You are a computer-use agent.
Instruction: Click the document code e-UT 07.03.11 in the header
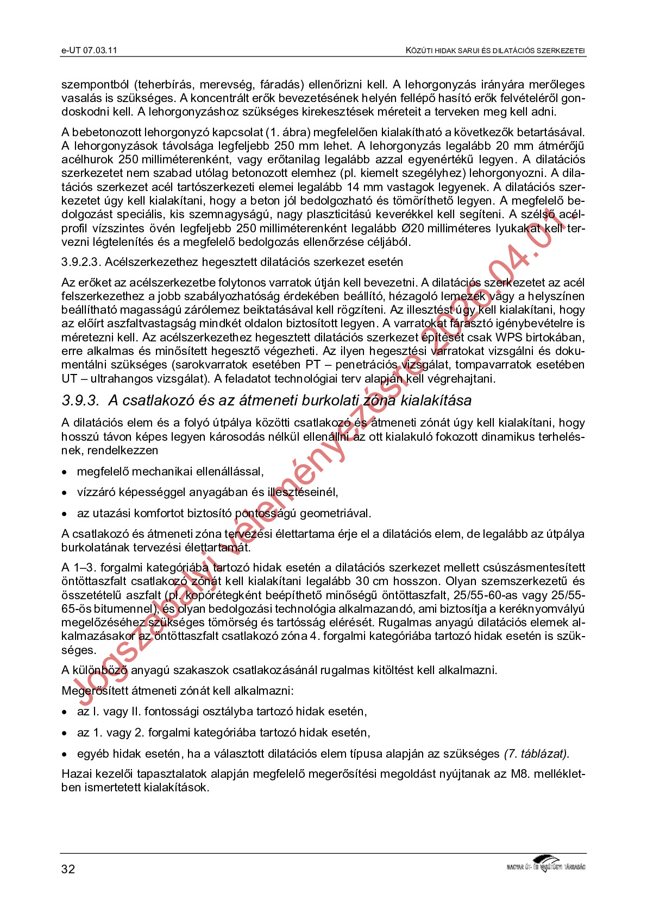pyautogui.click(x=89, y=50)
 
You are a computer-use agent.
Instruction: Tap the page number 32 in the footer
pyautogui.click(x=68, y=869)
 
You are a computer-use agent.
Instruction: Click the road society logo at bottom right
pyautogui.click(x=545, y=864)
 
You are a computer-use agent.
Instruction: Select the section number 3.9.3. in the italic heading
pyautogui.click(x=80, y=401)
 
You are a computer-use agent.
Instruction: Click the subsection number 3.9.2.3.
pyautogui.click(x=81, y=262)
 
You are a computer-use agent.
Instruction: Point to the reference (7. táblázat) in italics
pyautogui.click(x=536, y=754)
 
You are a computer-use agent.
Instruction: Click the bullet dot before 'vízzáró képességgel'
pyautogui.click(x=65, y=493)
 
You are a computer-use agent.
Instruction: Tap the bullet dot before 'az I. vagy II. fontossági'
pyautogui.click(x=65, y=712)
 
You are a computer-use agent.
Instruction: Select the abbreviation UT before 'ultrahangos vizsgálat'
pyautogui.click(x=69, y=379)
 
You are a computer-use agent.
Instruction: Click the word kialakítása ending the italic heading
pyautogui.click(x=436, y=401)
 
